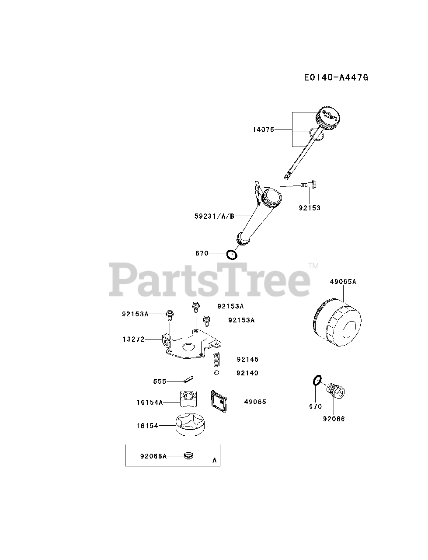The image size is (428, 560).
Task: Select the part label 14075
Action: tap(263, 129)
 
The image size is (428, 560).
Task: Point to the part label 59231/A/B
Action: tap(214, 216)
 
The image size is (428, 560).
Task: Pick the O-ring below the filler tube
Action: tap(232, 254)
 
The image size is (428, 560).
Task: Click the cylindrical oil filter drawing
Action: tap(337, 324)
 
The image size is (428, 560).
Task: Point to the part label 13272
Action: tap(134, 339)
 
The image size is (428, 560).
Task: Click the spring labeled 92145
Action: tap(216, 360)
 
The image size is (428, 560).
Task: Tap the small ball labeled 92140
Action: tap(216, 373)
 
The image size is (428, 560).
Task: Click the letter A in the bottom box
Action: tap(214, 460)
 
